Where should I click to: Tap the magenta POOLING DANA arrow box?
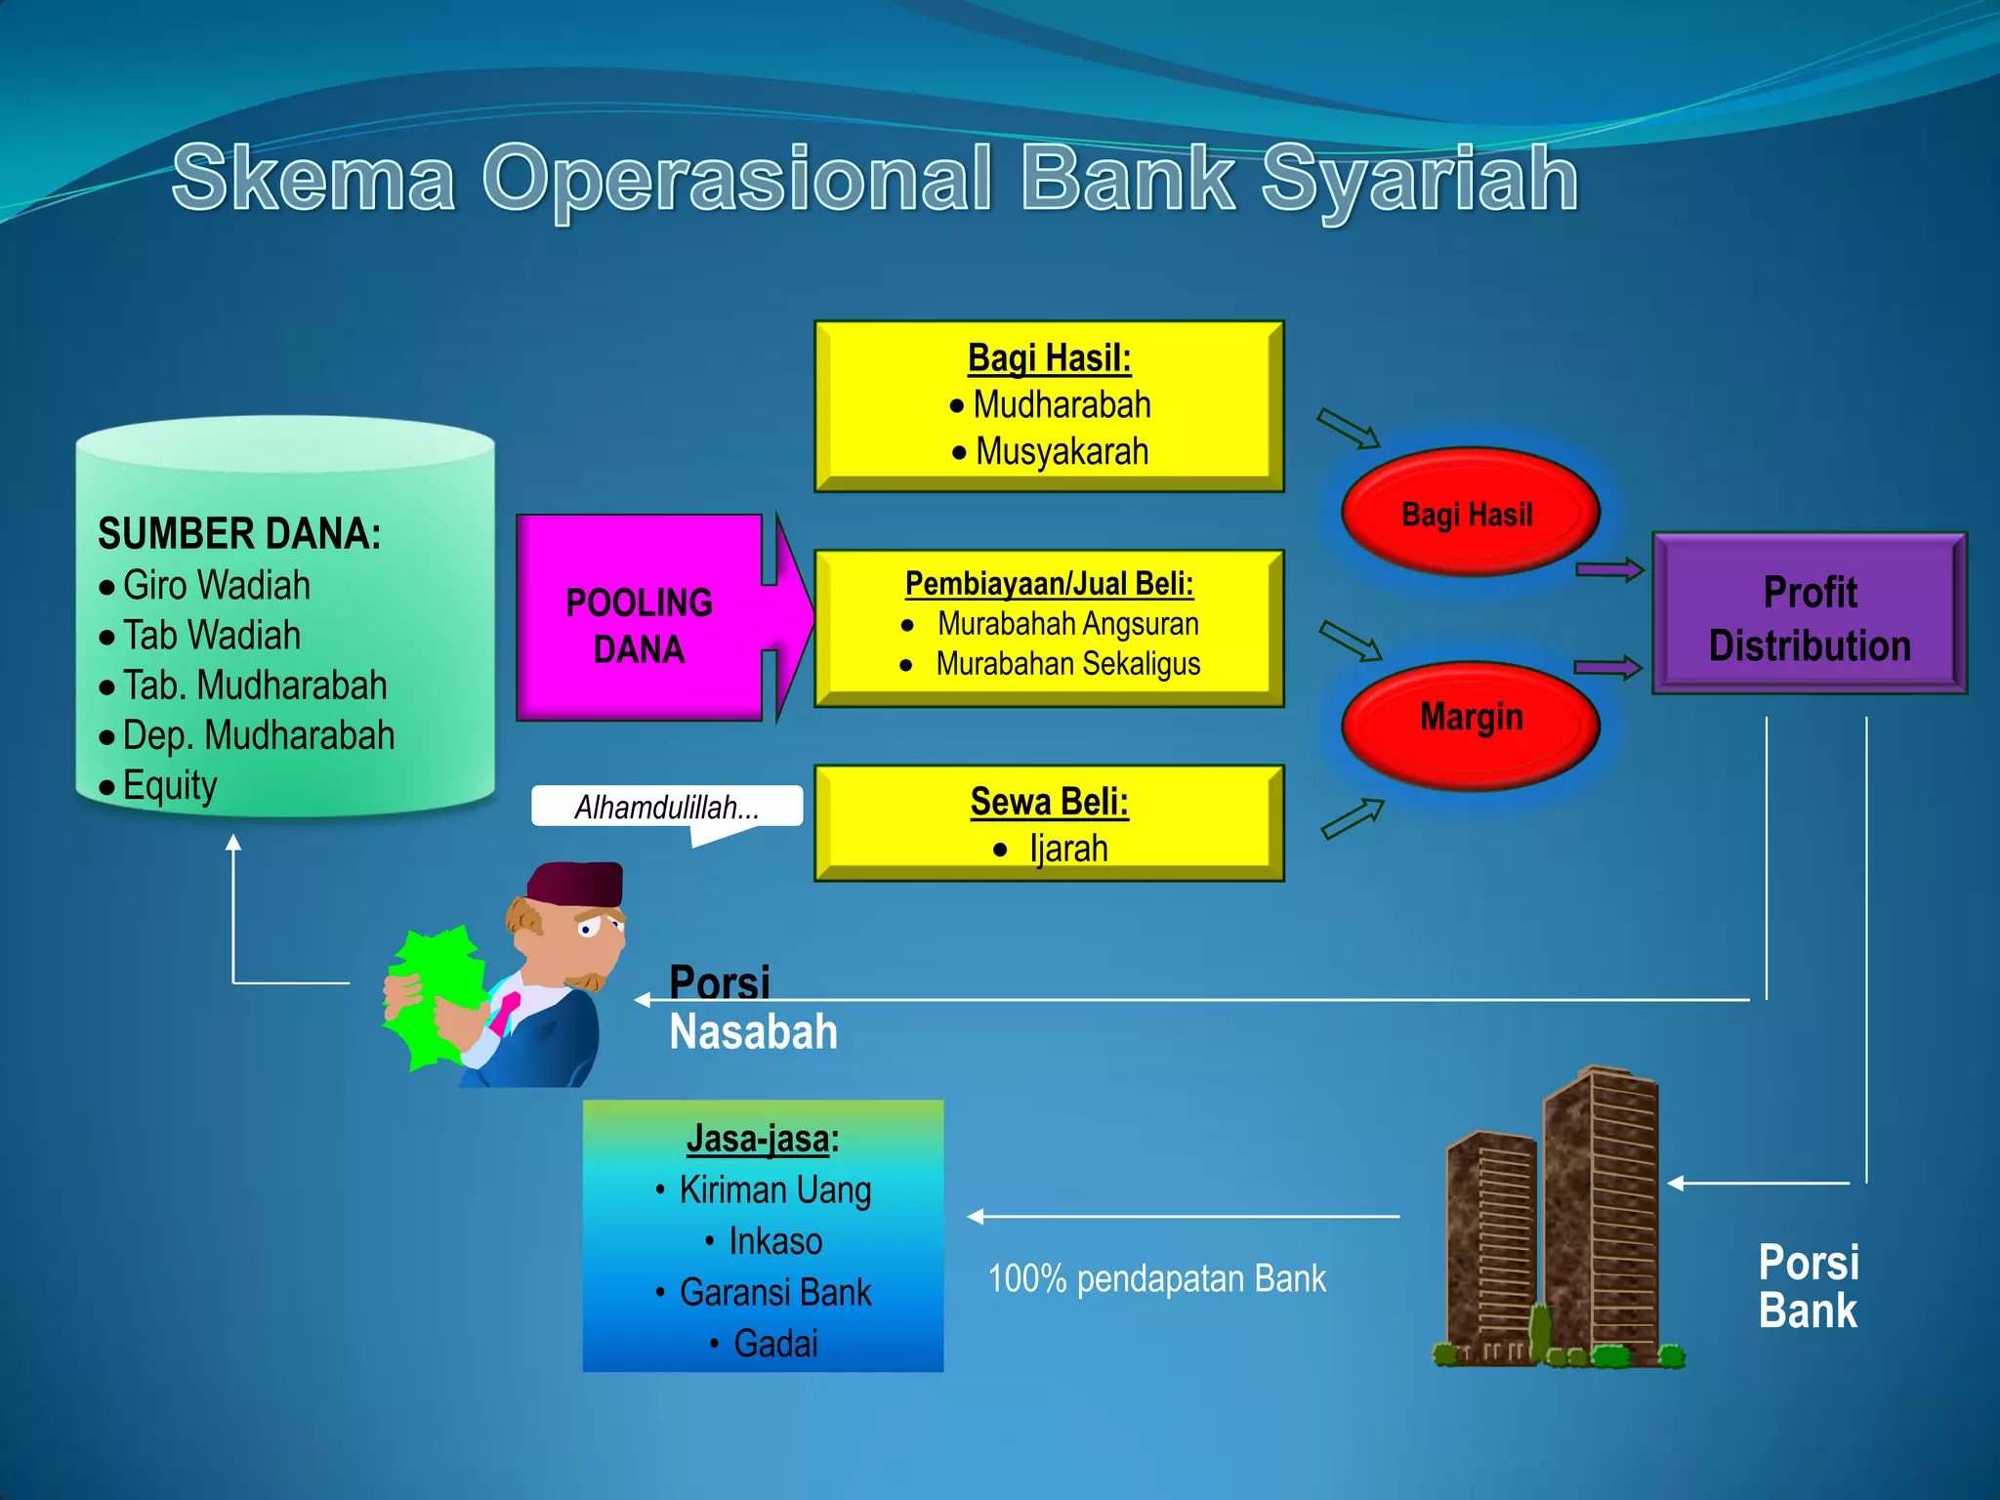coord(641,625)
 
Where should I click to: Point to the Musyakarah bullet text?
coord(1062,452)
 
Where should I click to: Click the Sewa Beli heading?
coord(1049,802)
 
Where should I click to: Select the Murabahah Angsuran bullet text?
coord(1067,624)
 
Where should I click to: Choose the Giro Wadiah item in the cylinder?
coord(216,586)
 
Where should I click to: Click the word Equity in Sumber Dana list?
coord(170,785)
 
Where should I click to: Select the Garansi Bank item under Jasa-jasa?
coord(774,1292)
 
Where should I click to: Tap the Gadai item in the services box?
coord(775,1344)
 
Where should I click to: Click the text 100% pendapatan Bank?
coord(1156,1279)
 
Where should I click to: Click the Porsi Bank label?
coord(1808,1287)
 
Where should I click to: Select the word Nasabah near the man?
coord(753,1032)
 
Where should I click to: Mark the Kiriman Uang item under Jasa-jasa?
coord(774,1190)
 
